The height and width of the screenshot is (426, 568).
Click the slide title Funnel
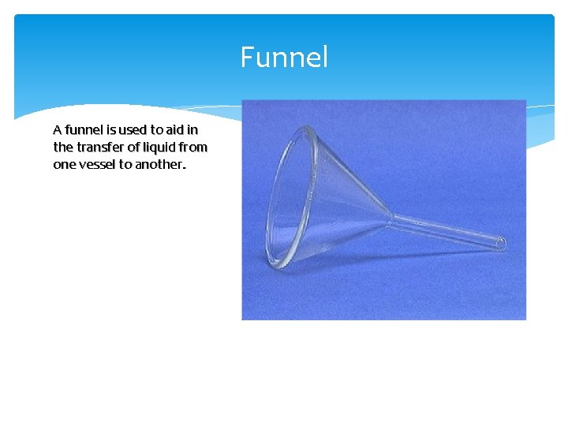[x=284, y=58]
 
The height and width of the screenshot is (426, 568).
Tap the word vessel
[x=95, y=164]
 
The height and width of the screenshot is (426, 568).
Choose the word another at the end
[x=163, y=164]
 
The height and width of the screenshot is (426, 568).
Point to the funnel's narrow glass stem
[x=446, y=230]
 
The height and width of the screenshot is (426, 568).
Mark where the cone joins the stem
[x=388, y=216]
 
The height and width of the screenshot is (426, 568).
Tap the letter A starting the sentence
[x=57, y=129]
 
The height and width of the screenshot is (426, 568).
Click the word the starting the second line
[x=62, y=147]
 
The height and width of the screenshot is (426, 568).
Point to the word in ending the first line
[x=193, y=129]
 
